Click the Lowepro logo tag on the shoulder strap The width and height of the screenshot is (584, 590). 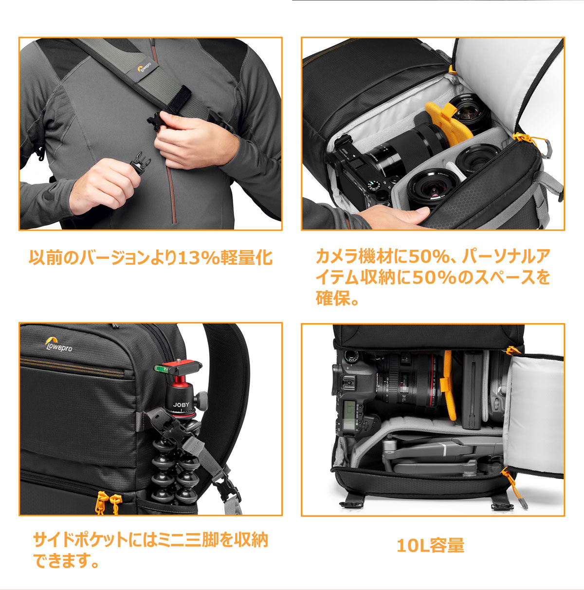point(143,69)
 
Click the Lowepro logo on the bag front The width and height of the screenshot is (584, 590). point(58,344)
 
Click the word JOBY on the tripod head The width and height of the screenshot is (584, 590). point(182,405)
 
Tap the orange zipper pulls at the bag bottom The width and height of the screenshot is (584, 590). point(109,502)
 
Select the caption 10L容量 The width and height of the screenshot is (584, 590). point(430,545)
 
